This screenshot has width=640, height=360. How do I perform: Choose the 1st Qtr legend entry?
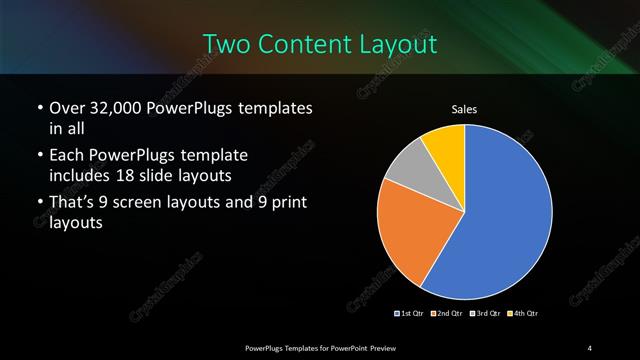point(411,314)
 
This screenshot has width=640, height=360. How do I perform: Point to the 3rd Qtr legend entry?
point(485,314)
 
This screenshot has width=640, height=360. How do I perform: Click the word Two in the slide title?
point(225,45)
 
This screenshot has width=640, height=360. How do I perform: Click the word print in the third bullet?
point(283,204)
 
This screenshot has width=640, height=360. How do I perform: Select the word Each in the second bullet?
point(66,157)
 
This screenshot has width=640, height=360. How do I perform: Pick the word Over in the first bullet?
point(67,108)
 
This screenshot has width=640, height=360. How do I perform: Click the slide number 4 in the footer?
point(590,347)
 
